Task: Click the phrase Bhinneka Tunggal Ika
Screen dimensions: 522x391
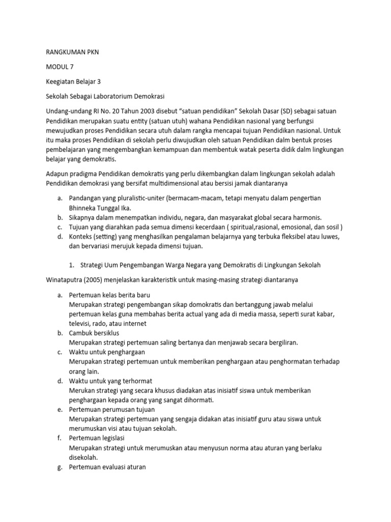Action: [x=100, y=208]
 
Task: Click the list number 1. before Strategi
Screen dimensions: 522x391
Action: [x=72, y=265]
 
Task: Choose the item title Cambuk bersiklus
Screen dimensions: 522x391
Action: [x=93, y=333]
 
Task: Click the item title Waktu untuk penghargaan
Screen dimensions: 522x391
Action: [x=107, y=352]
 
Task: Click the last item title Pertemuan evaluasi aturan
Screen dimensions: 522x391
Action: [x=107, y=466]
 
